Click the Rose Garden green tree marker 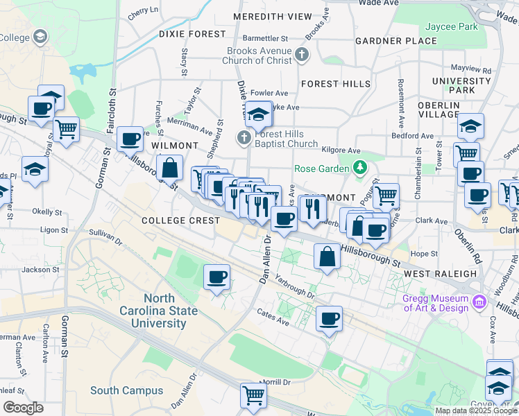tap(359, 168)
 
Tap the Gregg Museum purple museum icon tap(479, 302)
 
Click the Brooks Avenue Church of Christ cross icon tap(301, 55)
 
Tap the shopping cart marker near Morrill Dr tap(253, 395)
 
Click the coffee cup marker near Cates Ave tap(329, 319)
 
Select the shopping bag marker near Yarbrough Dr tap(326, 257)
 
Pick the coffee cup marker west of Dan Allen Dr tap(216, 277)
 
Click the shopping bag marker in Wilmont tap(170, 167)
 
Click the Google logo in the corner tap(23, 407)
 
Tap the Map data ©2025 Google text tap(476, 410)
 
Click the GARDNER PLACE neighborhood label tap(395, 41)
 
